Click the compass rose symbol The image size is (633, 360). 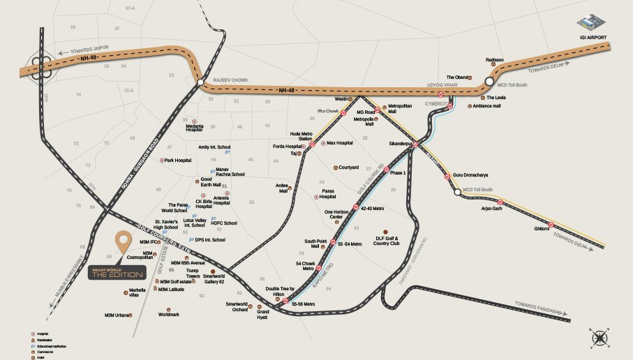(600, 338)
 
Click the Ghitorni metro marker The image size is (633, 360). (550, 225)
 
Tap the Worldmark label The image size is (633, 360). (168, 314)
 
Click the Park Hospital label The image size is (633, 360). (178, 160)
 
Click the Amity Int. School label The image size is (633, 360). (214, 147)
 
